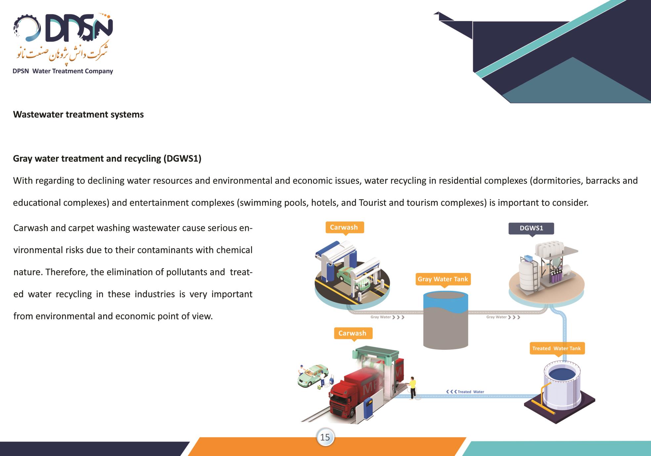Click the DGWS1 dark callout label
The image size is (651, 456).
[x=531, y=228]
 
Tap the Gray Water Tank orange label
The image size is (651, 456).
[x=443, y=279]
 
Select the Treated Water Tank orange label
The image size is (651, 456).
[x=557, y=348]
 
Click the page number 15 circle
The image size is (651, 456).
[x=325, y=437]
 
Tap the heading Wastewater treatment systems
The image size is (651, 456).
[x=78, y=115]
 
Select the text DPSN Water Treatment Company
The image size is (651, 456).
[x=63, y=71]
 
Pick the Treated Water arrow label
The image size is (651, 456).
[x=465, y=392]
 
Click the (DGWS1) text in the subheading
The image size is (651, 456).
[x=182, y=159]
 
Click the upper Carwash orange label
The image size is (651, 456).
[x=344, y=228]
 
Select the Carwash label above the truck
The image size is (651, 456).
[x=353, y=333]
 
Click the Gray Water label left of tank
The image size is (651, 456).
[x=387, y=317]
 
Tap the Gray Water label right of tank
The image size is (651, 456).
[x=503, y=317]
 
